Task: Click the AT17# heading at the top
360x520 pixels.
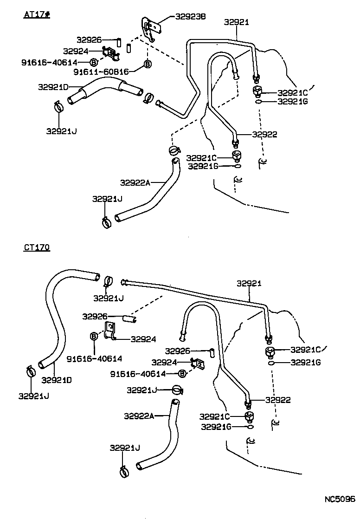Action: click(37, 14)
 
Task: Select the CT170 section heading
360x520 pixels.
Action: click(37, 247)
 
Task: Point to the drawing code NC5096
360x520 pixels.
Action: click(339, 500)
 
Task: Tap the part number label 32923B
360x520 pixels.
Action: click(190, 17)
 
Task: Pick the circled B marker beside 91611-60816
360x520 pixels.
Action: click(148, 64)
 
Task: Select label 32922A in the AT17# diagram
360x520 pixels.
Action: click(135, 182)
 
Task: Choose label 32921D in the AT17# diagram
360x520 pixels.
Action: click(53, 87)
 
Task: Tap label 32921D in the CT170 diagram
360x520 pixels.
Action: click(57, 379)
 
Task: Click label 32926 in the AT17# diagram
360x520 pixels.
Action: click(90, 40)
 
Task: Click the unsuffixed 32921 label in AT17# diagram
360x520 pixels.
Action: click(236, 22)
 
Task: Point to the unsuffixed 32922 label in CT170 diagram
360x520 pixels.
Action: click(278, 400)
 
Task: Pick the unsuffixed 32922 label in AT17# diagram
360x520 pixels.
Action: click(264, 135)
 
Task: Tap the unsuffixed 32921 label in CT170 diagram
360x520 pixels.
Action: click(249, 283)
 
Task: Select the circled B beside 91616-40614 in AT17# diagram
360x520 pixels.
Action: click(93, 62)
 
